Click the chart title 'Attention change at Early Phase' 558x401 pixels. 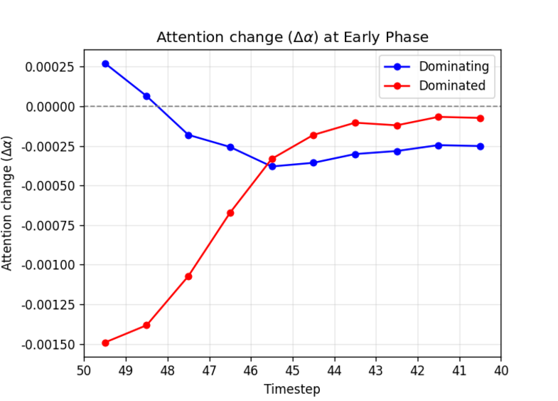[292, 37]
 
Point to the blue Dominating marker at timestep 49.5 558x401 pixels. [105, 63]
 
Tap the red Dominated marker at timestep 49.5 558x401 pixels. [105, 343]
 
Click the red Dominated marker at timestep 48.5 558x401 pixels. [147, 325]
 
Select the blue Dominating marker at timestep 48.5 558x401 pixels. [147, 96]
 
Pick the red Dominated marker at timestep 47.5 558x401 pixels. [188, 276]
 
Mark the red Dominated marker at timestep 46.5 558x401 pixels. [230, 213]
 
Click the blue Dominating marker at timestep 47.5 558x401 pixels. [188, 135]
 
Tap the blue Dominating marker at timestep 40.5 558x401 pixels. [481, 146]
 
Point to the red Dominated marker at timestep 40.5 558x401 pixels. [481, 118]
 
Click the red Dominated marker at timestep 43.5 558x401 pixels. [355, 123]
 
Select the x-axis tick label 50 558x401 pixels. [84, 370]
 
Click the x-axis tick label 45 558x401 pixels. [292, 370]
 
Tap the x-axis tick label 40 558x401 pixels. [500, 370]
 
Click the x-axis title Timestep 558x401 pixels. [292, 389]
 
